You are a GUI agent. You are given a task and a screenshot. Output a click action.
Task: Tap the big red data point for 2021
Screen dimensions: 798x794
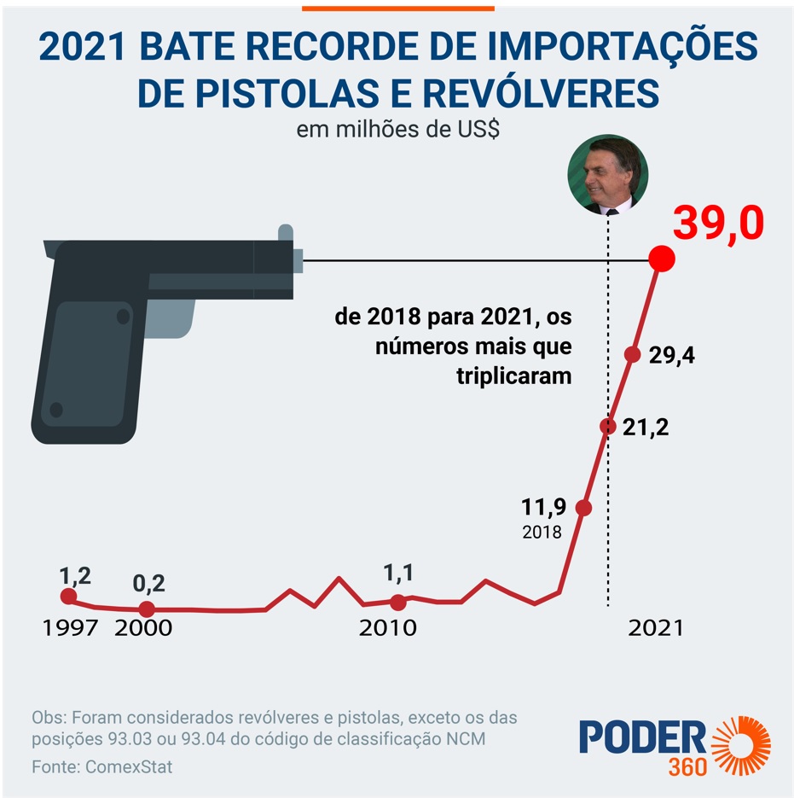(x=662, y=259)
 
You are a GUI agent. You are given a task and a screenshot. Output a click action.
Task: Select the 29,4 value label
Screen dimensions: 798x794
(x=671, y=356)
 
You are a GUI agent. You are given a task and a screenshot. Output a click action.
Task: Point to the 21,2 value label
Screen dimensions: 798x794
(x=646, y=427)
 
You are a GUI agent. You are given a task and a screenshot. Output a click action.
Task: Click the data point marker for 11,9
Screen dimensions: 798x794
(x=583, y=508)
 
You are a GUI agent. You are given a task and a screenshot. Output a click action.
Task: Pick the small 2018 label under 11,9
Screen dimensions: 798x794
(x=542, y=533)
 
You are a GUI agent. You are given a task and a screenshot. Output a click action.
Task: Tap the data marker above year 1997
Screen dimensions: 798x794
(x=68, y=597)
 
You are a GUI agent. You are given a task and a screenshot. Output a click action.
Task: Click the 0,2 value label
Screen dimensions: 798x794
(x=148, y=584)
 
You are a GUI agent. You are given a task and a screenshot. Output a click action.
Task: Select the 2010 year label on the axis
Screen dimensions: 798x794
(x=387, y=628)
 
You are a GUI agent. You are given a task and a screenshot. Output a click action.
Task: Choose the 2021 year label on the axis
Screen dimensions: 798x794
(x=655, y=628)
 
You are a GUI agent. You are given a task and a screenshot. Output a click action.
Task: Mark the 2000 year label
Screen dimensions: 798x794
(x=143, y=628)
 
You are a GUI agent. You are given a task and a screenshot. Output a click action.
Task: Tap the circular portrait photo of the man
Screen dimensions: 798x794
(x=608, y=173)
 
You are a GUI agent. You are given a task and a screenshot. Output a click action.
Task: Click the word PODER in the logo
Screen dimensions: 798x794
(x=642, y=737)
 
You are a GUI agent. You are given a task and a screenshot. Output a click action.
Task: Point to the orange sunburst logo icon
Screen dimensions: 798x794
(x=741, y=744)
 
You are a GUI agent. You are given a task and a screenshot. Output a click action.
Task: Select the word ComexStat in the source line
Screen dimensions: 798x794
(x=129, y=766)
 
